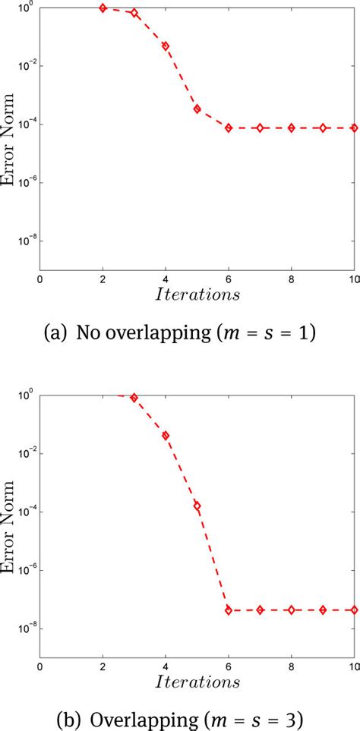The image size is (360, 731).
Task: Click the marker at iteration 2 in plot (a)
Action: coord(103,8)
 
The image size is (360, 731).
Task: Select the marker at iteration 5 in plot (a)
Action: coord(197,109)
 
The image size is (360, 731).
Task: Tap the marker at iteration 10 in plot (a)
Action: coord(355,128)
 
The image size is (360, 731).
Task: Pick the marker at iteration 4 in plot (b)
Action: coord(166,436)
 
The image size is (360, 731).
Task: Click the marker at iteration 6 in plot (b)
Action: coord(229,610)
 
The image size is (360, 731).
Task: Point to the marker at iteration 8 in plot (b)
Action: coord(292,610)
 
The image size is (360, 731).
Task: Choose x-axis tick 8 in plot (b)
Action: coord(292,667)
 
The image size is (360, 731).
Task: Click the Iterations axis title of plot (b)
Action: coord(197,681)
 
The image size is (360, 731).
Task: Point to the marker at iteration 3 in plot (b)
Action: coord(134,398)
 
